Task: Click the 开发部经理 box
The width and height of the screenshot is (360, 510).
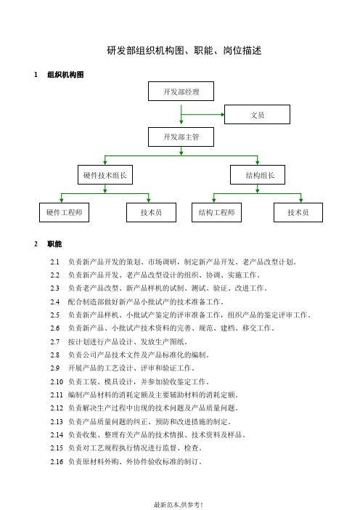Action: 181,92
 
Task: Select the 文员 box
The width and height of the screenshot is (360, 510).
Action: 257,115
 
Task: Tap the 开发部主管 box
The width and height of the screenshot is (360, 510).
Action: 181,137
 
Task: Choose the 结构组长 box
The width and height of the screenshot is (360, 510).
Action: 258,175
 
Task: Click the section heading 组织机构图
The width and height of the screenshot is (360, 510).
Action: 65,75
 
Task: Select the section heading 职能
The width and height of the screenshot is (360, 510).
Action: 54,244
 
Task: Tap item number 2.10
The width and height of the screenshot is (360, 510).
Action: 57,380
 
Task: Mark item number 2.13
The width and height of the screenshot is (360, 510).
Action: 57,421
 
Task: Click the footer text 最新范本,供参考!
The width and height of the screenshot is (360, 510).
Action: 179,503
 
